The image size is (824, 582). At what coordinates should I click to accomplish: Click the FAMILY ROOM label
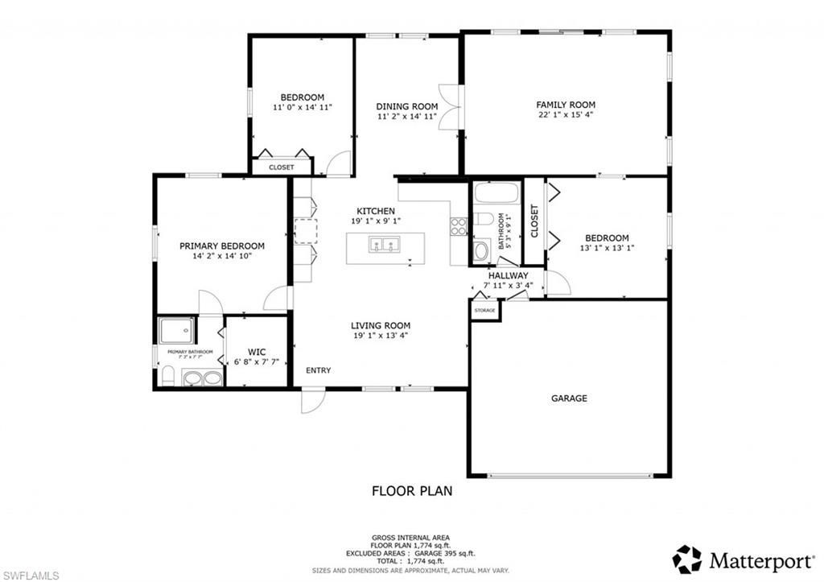[566, 105]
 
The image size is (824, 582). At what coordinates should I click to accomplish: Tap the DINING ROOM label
[407, 106]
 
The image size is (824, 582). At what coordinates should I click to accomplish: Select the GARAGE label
[569, 398]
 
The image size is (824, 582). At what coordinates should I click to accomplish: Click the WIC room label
[257, 352]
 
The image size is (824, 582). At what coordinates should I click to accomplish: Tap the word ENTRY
[318, 370]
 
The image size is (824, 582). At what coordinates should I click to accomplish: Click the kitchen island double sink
[385, 245]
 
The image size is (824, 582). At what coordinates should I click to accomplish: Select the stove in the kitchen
[459, 226]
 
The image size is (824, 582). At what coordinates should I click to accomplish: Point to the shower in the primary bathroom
[175, 329]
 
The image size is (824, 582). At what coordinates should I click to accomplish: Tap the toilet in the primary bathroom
[167, 376]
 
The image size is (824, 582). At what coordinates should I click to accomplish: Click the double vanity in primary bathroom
[202, 378]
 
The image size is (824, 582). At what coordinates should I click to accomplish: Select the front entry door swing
[312, 401]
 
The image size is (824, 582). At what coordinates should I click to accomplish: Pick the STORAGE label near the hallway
[484, 310]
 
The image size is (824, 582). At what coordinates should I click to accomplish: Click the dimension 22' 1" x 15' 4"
[566, 115]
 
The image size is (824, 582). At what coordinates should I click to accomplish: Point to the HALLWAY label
[508, 275]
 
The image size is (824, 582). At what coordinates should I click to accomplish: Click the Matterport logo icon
[687, 559]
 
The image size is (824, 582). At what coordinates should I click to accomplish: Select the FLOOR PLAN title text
[411, 490]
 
